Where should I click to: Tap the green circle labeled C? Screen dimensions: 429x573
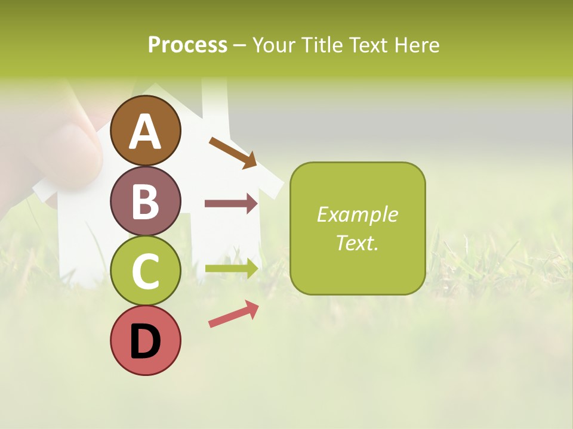146,271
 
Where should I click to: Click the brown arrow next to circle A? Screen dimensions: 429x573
233,153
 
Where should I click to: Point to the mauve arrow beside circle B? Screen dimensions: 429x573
231,204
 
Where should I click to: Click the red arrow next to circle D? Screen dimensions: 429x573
233,314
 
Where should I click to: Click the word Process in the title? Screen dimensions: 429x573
187,45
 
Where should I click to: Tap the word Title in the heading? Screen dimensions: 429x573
321,45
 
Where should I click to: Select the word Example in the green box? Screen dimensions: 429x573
358,214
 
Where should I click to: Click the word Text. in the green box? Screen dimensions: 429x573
358,243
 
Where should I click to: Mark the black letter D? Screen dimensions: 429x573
146,341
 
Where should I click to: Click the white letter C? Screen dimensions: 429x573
146,271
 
